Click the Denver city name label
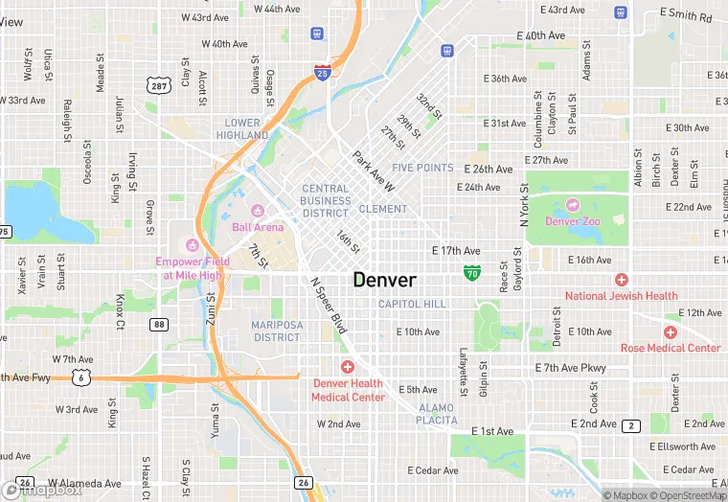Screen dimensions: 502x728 tap(384, 280)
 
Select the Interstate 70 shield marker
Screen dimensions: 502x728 tap(471, 273)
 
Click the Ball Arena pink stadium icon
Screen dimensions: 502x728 tap(257, 211)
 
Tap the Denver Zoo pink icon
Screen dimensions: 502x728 tap(572, 204)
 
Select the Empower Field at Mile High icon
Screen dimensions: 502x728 tap(192, 244)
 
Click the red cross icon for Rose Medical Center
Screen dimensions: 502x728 tap(670, 331)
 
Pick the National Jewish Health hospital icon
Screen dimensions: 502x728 tap(621, 280)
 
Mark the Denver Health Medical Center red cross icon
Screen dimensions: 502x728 tap(348, 367)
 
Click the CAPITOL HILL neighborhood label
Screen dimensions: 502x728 tap(412, 304)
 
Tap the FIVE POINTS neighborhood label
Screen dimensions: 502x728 tap(422, 168)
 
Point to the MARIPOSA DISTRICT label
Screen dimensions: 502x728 tap(276, 331)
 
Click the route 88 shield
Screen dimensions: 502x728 tap(159, 325)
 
